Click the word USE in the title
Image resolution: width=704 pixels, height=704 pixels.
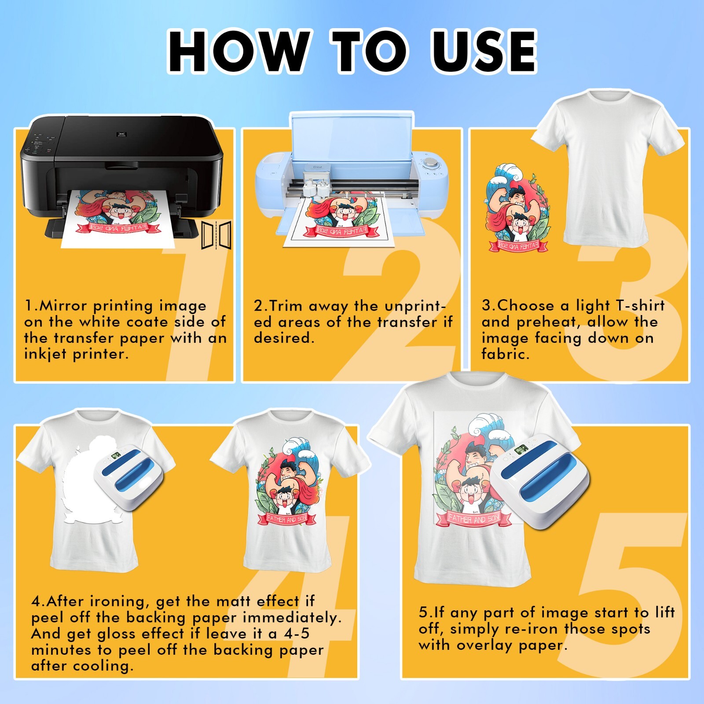pos(484,51)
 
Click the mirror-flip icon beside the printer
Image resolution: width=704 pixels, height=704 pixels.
pos(216,235)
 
